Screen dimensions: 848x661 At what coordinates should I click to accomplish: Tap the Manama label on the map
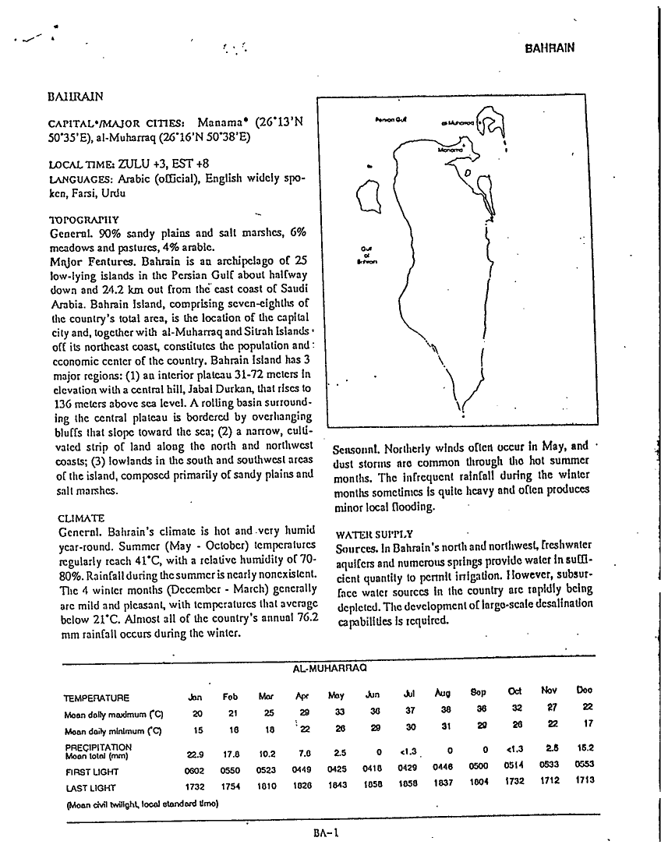pos(448,145)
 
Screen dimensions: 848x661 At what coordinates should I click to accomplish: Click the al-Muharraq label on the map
pos(457,122)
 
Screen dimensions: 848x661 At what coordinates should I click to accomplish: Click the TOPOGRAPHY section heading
pos(82,220)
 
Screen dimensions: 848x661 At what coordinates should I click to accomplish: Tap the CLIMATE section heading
pos(80,518)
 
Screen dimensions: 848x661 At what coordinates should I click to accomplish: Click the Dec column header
pos(584,690)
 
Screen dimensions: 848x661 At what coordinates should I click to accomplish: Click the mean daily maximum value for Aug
pos(443,711)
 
